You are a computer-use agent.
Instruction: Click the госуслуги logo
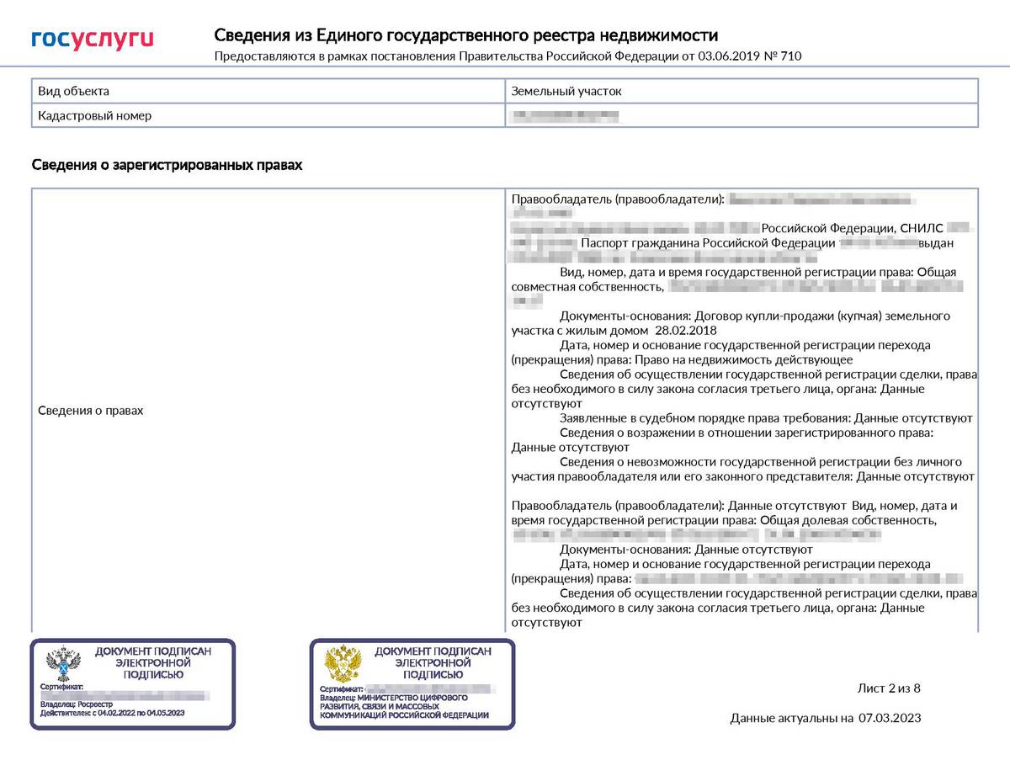tap(93, 39)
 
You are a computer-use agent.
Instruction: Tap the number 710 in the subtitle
tap(792, 56)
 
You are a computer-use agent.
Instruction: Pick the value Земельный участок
tap(566, 91)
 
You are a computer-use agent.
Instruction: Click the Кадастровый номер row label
tap(95, 115)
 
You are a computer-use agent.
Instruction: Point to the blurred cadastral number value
tap(566, 115)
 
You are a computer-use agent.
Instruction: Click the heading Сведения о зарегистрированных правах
tap(167, 165)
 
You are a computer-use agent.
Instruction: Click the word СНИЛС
tap(922, 228)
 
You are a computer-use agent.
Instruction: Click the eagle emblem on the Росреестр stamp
tap(62, 664)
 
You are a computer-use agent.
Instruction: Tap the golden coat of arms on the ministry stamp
tap(343, 664)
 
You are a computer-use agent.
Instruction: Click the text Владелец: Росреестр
tap(71, 704)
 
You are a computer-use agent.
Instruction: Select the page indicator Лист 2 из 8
tap(889, 688)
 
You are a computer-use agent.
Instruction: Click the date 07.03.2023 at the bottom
tap(890, 718)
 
